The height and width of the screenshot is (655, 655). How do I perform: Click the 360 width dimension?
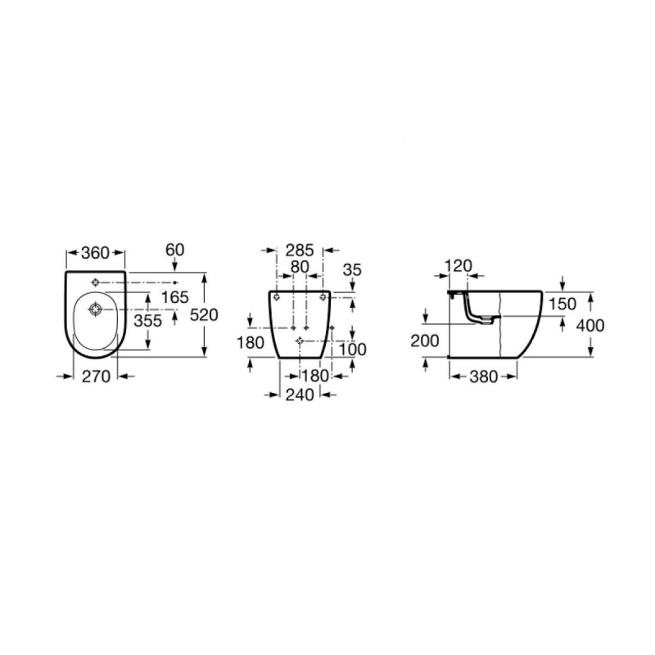[x=95, y=253]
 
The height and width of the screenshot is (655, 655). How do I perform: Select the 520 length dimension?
[x=204, y=314]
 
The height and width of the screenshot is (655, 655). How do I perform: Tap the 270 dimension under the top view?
[x=96, y=377]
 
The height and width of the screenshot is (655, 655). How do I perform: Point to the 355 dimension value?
[x=147, y=320]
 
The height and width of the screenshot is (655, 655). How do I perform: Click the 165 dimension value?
[x=175, y=297]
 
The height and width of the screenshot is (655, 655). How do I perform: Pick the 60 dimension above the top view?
[x=174, y=250]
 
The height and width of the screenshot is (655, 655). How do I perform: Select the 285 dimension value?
[x=300, y=251]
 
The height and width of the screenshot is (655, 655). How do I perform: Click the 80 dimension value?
[x=300, y=267]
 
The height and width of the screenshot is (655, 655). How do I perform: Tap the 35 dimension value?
[x=352, y=270]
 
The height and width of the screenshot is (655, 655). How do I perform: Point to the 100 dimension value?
[x=352, y=350]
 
